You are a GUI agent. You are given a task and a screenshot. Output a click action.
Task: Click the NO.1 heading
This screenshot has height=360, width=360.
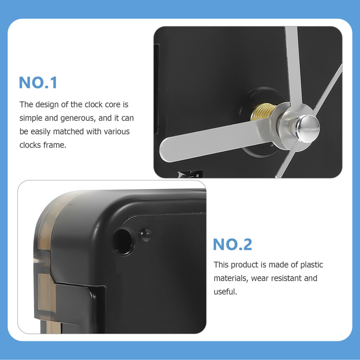[x=38, y=82]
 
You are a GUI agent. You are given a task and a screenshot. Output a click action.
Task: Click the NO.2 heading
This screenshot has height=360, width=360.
[x=232, y=244]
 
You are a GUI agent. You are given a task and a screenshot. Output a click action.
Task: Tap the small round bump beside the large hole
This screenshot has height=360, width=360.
[x=145, y=234]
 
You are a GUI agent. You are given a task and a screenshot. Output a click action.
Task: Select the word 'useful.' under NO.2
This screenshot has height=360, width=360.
[x=225, y=292]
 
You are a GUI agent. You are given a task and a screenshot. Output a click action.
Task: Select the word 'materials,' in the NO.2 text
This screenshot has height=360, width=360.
[x=230, y=278]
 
